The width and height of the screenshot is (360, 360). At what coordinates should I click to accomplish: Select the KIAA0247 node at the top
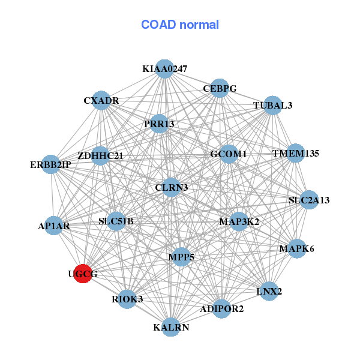tap(164, 69)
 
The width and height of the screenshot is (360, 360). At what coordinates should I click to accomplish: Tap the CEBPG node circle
tap(220, 88)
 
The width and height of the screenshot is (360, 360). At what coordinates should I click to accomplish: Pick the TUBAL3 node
tap(272, 105)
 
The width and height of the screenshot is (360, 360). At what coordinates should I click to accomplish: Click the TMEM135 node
tap(295, 153)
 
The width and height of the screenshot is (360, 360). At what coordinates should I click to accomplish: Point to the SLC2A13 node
tap(308, 200)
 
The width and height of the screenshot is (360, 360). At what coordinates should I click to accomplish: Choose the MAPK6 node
tap(296, 248)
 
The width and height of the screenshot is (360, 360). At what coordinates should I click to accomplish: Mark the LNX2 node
tap(269, 292)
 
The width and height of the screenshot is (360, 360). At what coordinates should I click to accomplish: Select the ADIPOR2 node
tap(221, 309)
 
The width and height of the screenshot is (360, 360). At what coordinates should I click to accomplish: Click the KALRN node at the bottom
tap(171, 327)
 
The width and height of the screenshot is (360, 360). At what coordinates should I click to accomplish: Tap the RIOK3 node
tap(127, 299)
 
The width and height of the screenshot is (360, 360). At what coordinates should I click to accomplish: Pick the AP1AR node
tap(54, 226)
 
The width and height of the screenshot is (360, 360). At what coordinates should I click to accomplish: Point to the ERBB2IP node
tap(51, 164)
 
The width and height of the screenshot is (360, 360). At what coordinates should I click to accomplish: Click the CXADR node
tap(101, 100)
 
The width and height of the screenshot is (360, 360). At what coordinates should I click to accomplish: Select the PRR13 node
tap(159, 124)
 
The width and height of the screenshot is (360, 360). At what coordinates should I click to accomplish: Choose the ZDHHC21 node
tap(100, 156)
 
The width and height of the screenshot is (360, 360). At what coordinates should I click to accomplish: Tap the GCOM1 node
tap(229, 154)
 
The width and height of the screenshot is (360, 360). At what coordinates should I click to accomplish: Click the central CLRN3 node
tap(172, 188)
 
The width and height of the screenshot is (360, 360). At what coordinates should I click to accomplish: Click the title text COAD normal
tap(180, 25)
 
